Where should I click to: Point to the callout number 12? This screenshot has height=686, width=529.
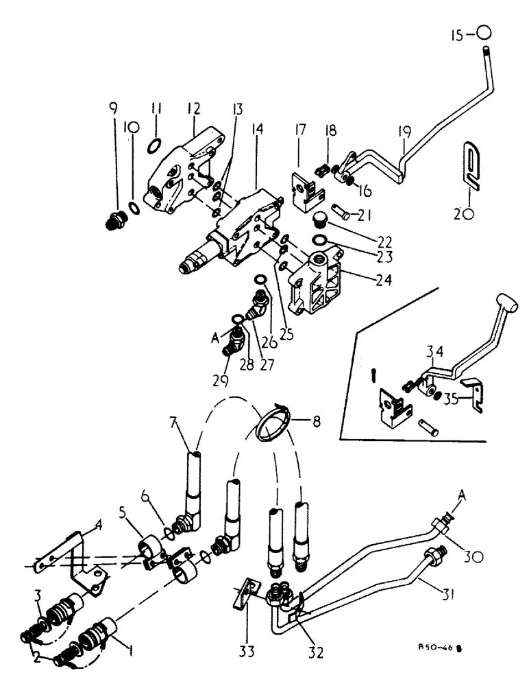(x=194, y=109)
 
